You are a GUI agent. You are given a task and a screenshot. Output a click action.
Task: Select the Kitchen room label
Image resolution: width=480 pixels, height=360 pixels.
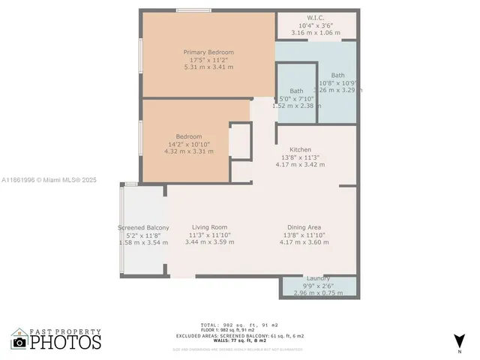[295, 150]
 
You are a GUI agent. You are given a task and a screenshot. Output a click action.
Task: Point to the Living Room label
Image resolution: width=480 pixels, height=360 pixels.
[209, 227]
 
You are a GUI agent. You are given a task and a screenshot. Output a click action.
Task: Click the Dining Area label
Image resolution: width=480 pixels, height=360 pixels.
[304, 227]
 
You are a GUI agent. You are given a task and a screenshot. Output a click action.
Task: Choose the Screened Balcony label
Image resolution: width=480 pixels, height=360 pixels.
[143, 227]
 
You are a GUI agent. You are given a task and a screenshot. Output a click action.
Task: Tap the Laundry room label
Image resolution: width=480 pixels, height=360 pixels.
[318, 278]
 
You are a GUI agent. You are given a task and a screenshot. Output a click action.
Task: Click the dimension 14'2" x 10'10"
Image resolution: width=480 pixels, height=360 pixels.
[189, 144]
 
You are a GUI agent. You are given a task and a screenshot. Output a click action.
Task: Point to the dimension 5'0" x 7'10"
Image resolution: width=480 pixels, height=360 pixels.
[296, 98]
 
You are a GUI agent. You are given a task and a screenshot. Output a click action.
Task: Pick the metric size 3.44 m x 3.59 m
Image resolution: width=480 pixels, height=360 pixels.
[209, 242]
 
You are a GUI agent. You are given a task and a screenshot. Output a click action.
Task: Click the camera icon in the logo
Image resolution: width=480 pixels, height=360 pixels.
[20, 343]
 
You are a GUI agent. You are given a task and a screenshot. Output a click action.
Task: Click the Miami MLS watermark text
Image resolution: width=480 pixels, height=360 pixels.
[49, 180]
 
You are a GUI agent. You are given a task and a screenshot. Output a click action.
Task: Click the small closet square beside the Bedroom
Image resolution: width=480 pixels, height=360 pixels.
[240, 140]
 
